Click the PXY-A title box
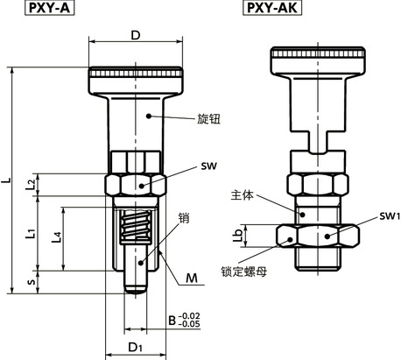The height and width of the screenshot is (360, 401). coord(49,8)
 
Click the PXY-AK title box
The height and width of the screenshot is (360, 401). coord(272,8)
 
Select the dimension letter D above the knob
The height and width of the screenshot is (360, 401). coord(136,36)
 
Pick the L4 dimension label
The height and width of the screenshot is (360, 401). coord(57,237)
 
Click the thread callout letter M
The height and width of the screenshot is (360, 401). coord(192,279)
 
